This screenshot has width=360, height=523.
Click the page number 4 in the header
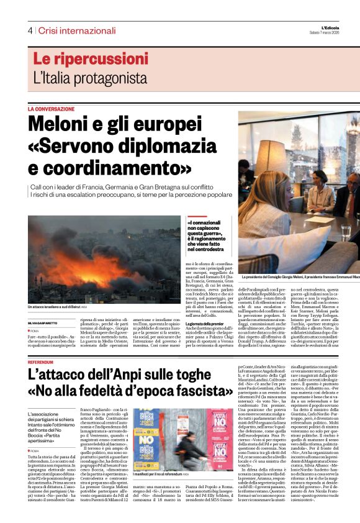(x=29, y=30)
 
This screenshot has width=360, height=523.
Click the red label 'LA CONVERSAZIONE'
(x=51, y=109)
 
